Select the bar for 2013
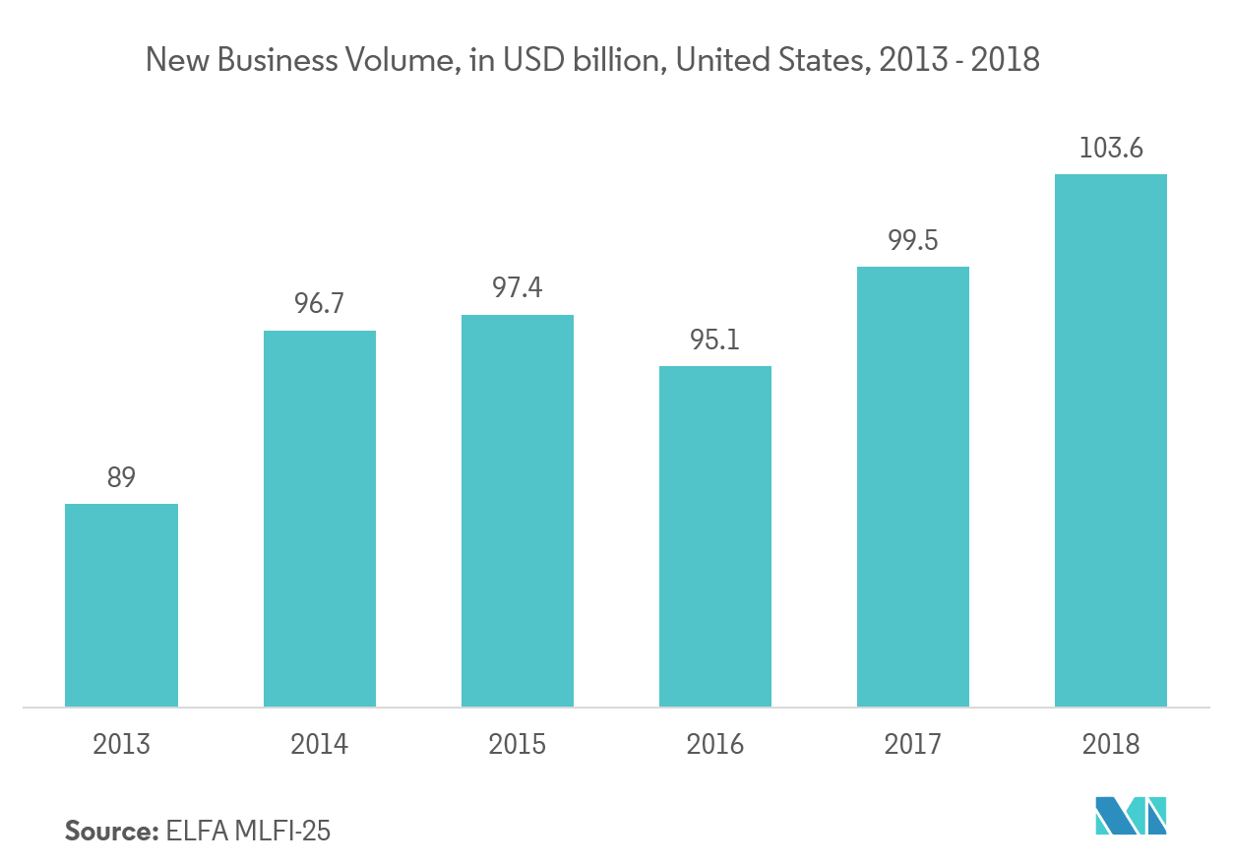pos(121,605)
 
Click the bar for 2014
pos(319,519)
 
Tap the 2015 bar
pos(518,511)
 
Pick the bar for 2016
pos(715,536)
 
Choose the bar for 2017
pos(913,486)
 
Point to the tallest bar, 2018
pos(1111,440)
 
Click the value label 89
pos(122,478)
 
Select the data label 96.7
pos(319,304)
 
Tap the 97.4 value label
pos(518,288)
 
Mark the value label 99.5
pos(913,240)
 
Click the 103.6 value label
pos(1111,149)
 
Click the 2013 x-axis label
pos(121,743)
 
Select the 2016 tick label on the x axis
pos(715,743)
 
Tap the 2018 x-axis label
pos(1111,743)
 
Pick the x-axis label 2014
pos(319,743)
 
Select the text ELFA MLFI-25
pos(249,831)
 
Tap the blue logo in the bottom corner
pos(1131,816)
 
